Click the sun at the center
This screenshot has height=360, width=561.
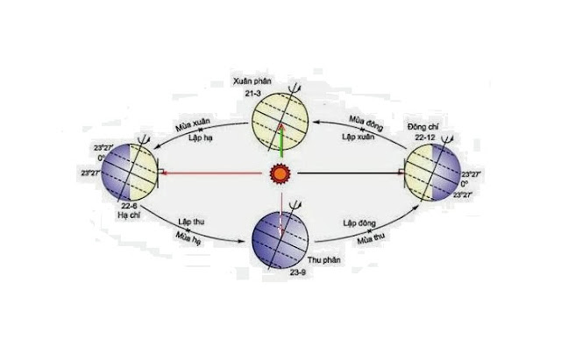click(279, 174)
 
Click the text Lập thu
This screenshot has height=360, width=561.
click(188, 222)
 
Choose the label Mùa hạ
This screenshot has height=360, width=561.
click(191, 236)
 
